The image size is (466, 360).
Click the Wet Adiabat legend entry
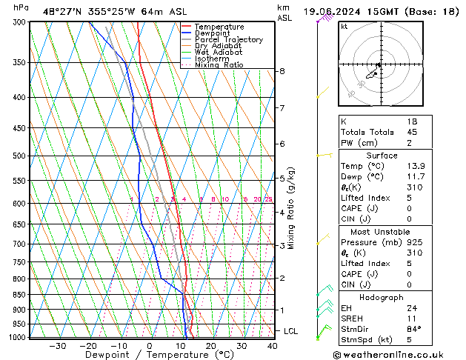tap(217, 52)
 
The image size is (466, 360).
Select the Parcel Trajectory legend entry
tap(228, 39)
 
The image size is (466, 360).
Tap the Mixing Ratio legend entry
tap(219, 64)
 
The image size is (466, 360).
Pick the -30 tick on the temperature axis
tap(57, 346)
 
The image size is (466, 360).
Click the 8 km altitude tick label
tap(282, 71)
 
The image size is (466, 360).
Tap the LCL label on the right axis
tap(290, 331)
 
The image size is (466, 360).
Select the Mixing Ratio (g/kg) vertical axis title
tap(291, 208)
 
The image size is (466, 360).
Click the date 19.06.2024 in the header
tap(331, 10)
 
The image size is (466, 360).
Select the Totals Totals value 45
tap(411, 132)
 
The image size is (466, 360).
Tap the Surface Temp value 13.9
tap(415, 167)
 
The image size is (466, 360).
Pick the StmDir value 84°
tap(414, 329)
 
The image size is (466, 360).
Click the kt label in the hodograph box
tap(344, 26)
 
